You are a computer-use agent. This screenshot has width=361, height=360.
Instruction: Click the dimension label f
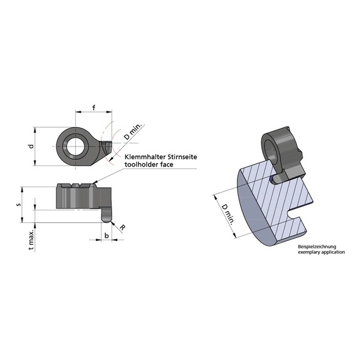coord(93,107)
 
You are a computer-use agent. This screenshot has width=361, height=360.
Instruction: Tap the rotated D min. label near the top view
coord(133,132)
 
